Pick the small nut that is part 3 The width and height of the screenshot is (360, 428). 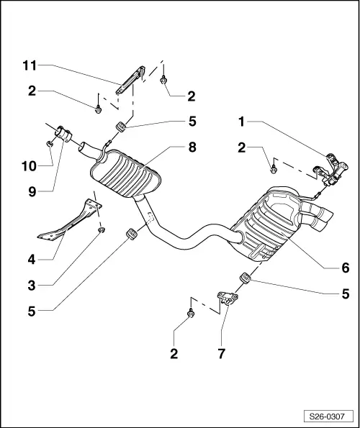pyautogui.click(x=102, y=230)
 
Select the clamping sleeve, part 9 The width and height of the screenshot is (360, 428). pyautogui.click(x=63, y=134)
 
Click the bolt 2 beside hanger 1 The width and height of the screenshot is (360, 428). pyautogui.click(x=274, y=169)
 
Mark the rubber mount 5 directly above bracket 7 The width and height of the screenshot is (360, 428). pyautogui.click(x=244, y=278)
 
